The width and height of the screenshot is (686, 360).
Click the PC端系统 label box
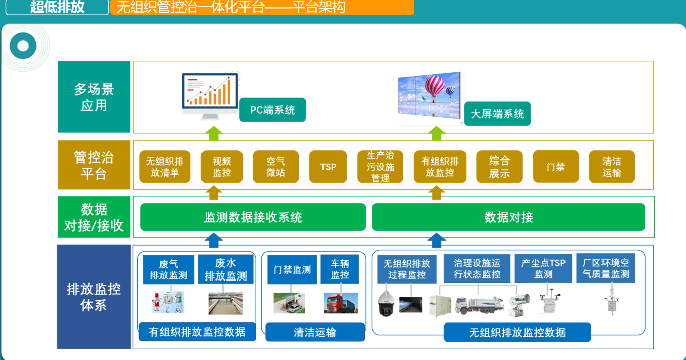272,110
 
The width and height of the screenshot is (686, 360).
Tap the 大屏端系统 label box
497,113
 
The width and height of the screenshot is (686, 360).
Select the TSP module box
328,167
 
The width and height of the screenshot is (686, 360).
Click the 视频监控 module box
222,167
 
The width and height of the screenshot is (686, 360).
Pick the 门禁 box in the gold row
556,167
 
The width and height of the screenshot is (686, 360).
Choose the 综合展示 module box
500,167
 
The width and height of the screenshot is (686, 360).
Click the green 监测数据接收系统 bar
253,217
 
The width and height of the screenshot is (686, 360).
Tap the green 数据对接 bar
508,217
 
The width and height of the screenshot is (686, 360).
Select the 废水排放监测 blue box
226,269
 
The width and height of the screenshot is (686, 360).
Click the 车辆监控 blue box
340,269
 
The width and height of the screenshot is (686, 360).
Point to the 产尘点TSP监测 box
543,268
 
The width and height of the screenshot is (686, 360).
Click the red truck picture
341,303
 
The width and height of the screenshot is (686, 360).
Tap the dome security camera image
386,304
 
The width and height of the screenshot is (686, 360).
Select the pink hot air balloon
434,87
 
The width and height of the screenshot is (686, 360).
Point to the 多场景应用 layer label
94,97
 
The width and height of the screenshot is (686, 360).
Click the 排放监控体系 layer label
94,297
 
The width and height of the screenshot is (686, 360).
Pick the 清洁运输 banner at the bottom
315,332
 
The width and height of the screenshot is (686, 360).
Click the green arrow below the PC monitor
214,133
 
